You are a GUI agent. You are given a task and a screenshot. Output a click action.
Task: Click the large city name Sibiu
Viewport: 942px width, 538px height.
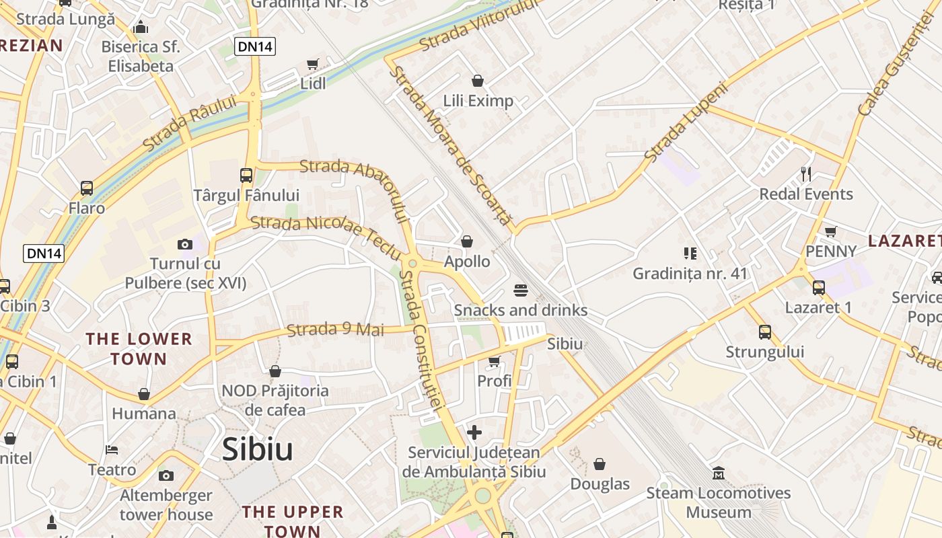pyautogui.click(x=258, y=449)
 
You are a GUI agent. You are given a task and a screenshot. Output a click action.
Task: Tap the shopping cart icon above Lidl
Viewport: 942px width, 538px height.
pyautogui.click(x=312, y=65)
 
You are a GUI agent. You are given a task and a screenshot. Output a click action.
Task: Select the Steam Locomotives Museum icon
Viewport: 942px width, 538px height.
pyautogui.click(x=718, y=473)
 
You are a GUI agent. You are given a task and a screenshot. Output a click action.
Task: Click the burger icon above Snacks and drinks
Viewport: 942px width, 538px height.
pyautogui.click(x=520, y=291)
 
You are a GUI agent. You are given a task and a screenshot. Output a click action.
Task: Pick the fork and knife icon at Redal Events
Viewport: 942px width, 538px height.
pyautogui.click(x=806, y=175)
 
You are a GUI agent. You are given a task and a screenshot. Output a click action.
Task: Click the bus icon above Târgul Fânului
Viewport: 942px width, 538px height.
pyautogui.click(x=246, y=176)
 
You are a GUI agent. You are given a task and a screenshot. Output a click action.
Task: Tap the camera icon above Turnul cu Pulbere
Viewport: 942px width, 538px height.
pyautogui.click(x=185, y=244)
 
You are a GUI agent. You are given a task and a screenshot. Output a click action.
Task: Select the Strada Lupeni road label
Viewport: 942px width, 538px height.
pyautogui.click(x=686, y=122)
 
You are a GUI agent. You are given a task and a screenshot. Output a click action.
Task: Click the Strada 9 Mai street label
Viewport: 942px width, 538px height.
pyautogui.click(x=335, y=330)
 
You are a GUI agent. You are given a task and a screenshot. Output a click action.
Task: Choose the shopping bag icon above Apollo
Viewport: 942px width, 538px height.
pyautogui.click(x=467, y=241)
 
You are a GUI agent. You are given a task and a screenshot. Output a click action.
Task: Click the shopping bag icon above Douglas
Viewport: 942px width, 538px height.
pyautogui.click(x=600, y=464)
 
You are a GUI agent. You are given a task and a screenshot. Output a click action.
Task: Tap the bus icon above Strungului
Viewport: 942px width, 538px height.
pyautogui.click(x=765, y=332)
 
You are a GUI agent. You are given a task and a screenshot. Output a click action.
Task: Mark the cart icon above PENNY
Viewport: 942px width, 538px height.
pyautogui.click(x=830, y=232)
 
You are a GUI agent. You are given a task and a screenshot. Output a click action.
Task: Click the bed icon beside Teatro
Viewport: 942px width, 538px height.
pyautogui.click(x=112, y=450)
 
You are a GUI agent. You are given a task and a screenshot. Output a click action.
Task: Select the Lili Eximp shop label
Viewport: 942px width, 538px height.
pyautogui.click(x=478, y=101)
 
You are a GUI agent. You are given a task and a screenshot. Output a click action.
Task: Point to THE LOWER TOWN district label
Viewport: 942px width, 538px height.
pyautogui.click(x=139, y=348)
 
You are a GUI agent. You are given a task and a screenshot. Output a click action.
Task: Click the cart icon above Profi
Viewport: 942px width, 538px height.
pyautogui.click(x=495, y=362)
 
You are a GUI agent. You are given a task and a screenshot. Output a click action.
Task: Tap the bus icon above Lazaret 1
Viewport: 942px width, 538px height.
pyautogui.click(x=819, y=288)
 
